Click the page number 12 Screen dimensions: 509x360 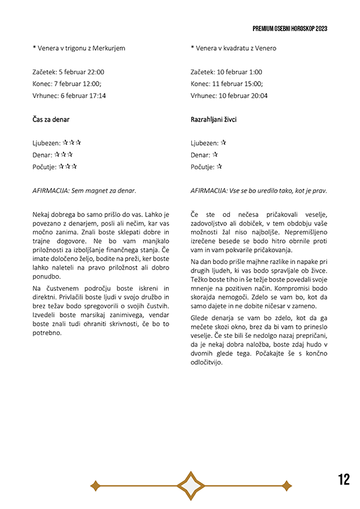(x=344, y=480)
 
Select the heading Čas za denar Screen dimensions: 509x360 (x=51, y=120)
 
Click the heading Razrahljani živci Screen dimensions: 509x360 (x=214, y=120)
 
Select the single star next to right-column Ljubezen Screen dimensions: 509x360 (x=223, y=143)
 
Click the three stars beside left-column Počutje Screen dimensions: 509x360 (x=68, y=166)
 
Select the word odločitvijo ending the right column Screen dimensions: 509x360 (x=207, y=362)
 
